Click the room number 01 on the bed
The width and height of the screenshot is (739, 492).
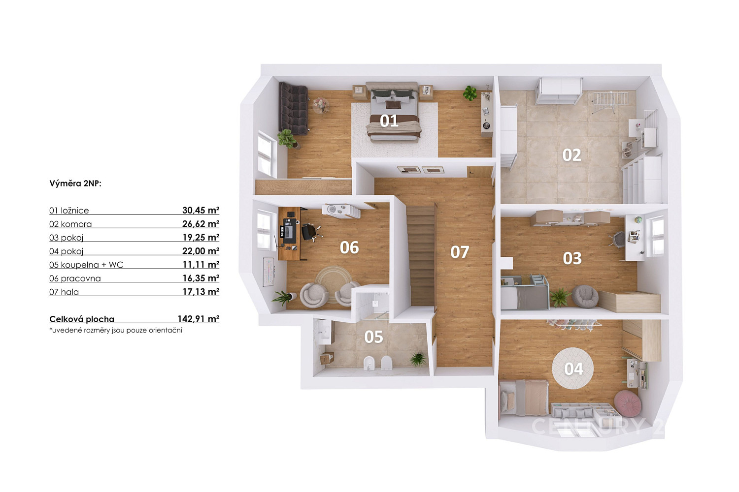pyautogui.click(x=389, y=121)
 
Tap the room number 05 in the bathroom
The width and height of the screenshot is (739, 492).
pyautogui.click(x=373, y=337)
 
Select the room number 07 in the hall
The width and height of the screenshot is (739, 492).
pyautogui.click(x=460, y=252)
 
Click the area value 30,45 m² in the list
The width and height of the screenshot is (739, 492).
pyautogui.click(x=201, y=210)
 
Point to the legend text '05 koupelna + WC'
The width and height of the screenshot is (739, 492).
pyautogui.click(x=86, y=265)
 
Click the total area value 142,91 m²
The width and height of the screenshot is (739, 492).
pyautogui.click(x=198, y=319)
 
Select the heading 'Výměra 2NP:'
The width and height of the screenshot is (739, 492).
pyautogui.click(x=75, y=183)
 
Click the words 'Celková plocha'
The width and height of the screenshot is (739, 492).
pyautogui.click(x=82, y=319)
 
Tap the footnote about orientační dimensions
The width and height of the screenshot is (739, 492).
pyautogui.click(x=116, y=330)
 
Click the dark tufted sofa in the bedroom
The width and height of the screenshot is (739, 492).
pyautogui.click(x=293, y=108)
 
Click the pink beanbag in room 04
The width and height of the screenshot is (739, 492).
pyautogui.click(x=628, y=403)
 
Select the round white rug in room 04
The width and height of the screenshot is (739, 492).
pyautogui.click(x=572, y=368)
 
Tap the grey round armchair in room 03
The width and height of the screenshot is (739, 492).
pyautogui.click(x=585, y=296)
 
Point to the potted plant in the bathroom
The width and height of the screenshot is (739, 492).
pyautogui.click(x=418, y=359)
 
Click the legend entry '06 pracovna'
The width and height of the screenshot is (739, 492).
pyautogui.click(x=75, y=278)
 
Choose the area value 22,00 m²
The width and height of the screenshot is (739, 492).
pyautogui.click(x=201, y=251)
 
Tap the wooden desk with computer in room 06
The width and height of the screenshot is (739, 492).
pyautogui.click(x=289, y=233)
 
